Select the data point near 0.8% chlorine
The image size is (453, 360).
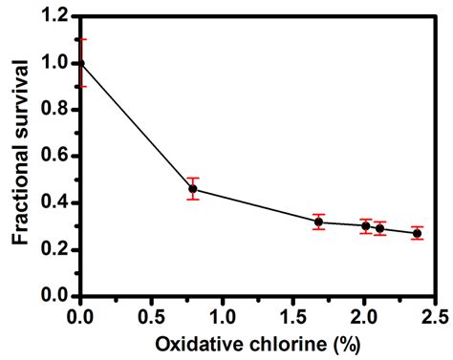[193, 189]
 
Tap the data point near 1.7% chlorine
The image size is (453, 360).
[318, 222]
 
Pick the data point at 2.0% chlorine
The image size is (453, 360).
[365, 226]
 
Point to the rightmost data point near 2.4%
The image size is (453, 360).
[417, 233]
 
